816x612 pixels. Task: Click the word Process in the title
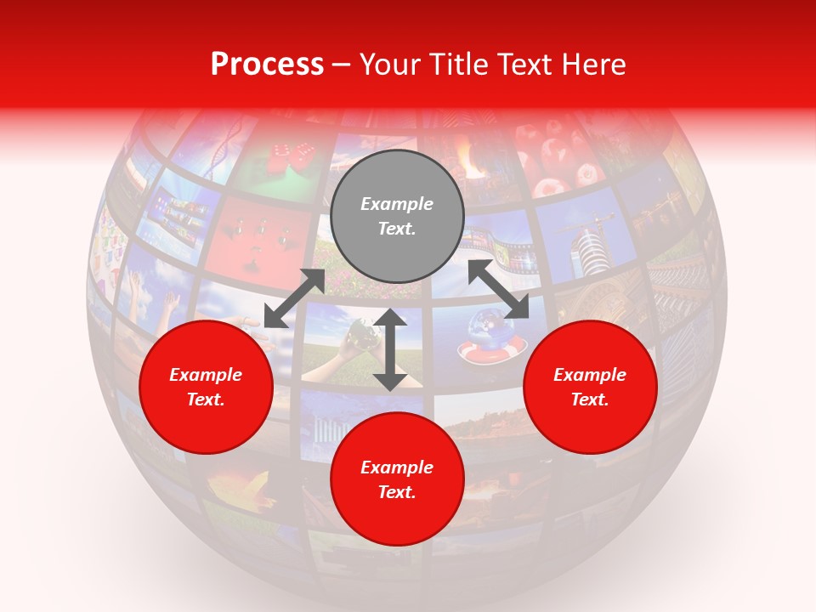tap(267, 65)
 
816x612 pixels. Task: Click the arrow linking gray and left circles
tap(294, 298)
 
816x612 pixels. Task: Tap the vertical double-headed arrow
tap(390, 349)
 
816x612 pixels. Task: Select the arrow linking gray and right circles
tap(498, 290)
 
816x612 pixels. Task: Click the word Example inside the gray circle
tap(397, 204)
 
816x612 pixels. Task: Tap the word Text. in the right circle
tap(590, 399)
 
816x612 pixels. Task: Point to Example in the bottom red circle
tap(397, 467)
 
